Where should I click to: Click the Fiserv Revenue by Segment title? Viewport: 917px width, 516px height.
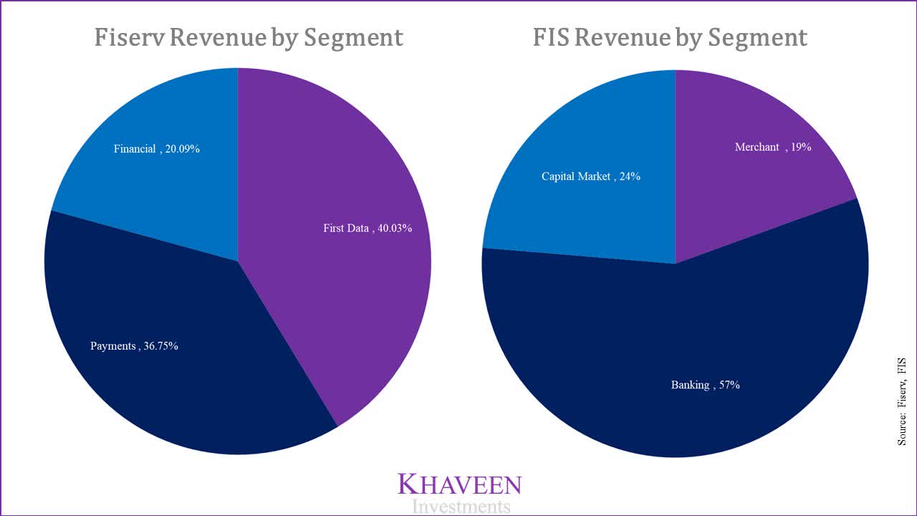[x=249, y=37]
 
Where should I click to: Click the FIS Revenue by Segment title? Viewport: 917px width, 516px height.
[x=670, y=37]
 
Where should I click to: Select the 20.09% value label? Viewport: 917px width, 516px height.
[x=182, y=149]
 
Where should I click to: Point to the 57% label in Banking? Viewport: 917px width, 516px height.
[x=726, y=385]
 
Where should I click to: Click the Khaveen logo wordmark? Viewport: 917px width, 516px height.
[x=460, y=484]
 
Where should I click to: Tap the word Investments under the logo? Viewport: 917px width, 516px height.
[x=461, y=507]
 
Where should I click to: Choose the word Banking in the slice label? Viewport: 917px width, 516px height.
[x=690, y=385]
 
